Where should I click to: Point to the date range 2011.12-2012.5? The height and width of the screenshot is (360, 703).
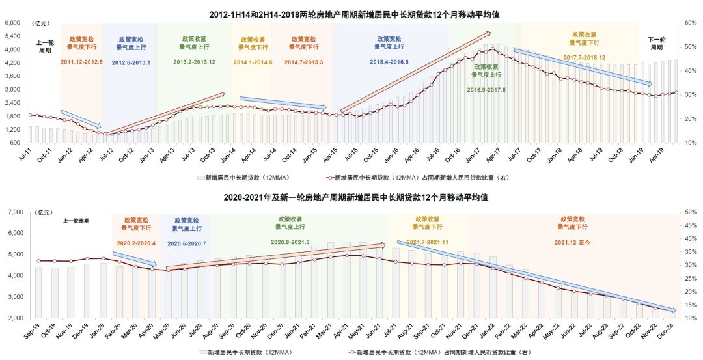click(x=82, y=62)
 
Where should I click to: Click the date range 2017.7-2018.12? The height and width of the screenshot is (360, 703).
click(x=585, y=57)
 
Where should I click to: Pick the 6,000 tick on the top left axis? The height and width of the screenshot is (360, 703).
click(x=14, y=23)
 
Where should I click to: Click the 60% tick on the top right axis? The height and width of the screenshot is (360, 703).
click(x=690, y=23)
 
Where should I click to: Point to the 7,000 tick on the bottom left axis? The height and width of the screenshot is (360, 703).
click(x=14, y=212)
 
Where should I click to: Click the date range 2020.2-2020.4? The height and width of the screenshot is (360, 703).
click(x=136, y=243)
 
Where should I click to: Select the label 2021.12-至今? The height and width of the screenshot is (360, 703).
click(x=573, y=243)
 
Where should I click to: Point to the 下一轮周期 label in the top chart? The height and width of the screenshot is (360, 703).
click(x=657, y=44)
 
